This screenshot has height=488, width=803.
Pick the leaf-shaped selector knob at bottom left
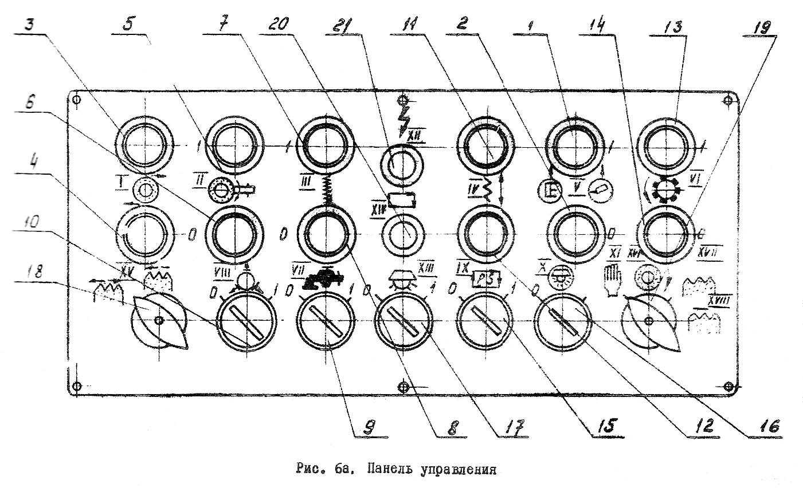[x=159, y=321]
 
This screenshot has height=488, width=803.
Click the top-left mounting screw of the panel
[x=78, y=100]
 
